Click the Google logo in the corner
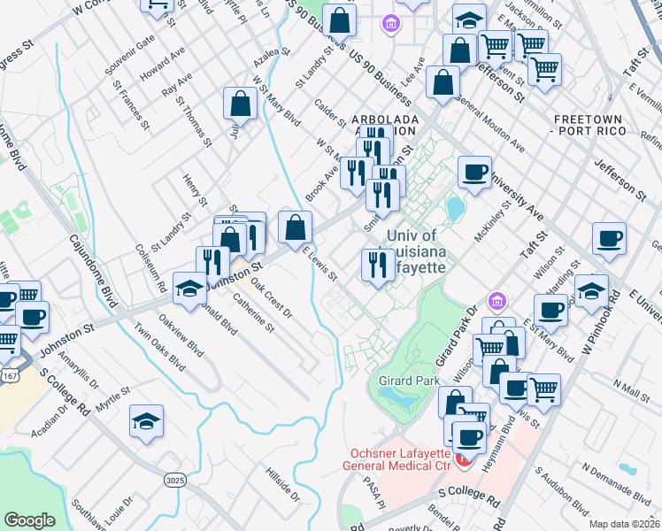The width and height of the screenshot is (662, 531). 29,520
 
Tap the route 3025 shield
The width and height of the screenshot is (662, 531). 174,479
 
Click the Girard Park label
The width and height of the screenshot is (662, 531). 404,381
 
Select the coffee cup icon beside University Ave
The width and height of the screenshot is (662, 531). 474,173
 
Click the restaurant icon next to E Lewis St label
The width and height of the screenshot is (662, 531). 378,265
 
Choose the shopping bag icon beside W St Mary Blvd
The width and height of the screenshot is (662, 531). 241,104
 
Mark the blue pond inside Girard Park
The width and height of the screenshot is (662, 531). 403,400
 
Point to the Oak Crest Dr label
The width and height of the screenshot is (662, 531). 271,299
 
